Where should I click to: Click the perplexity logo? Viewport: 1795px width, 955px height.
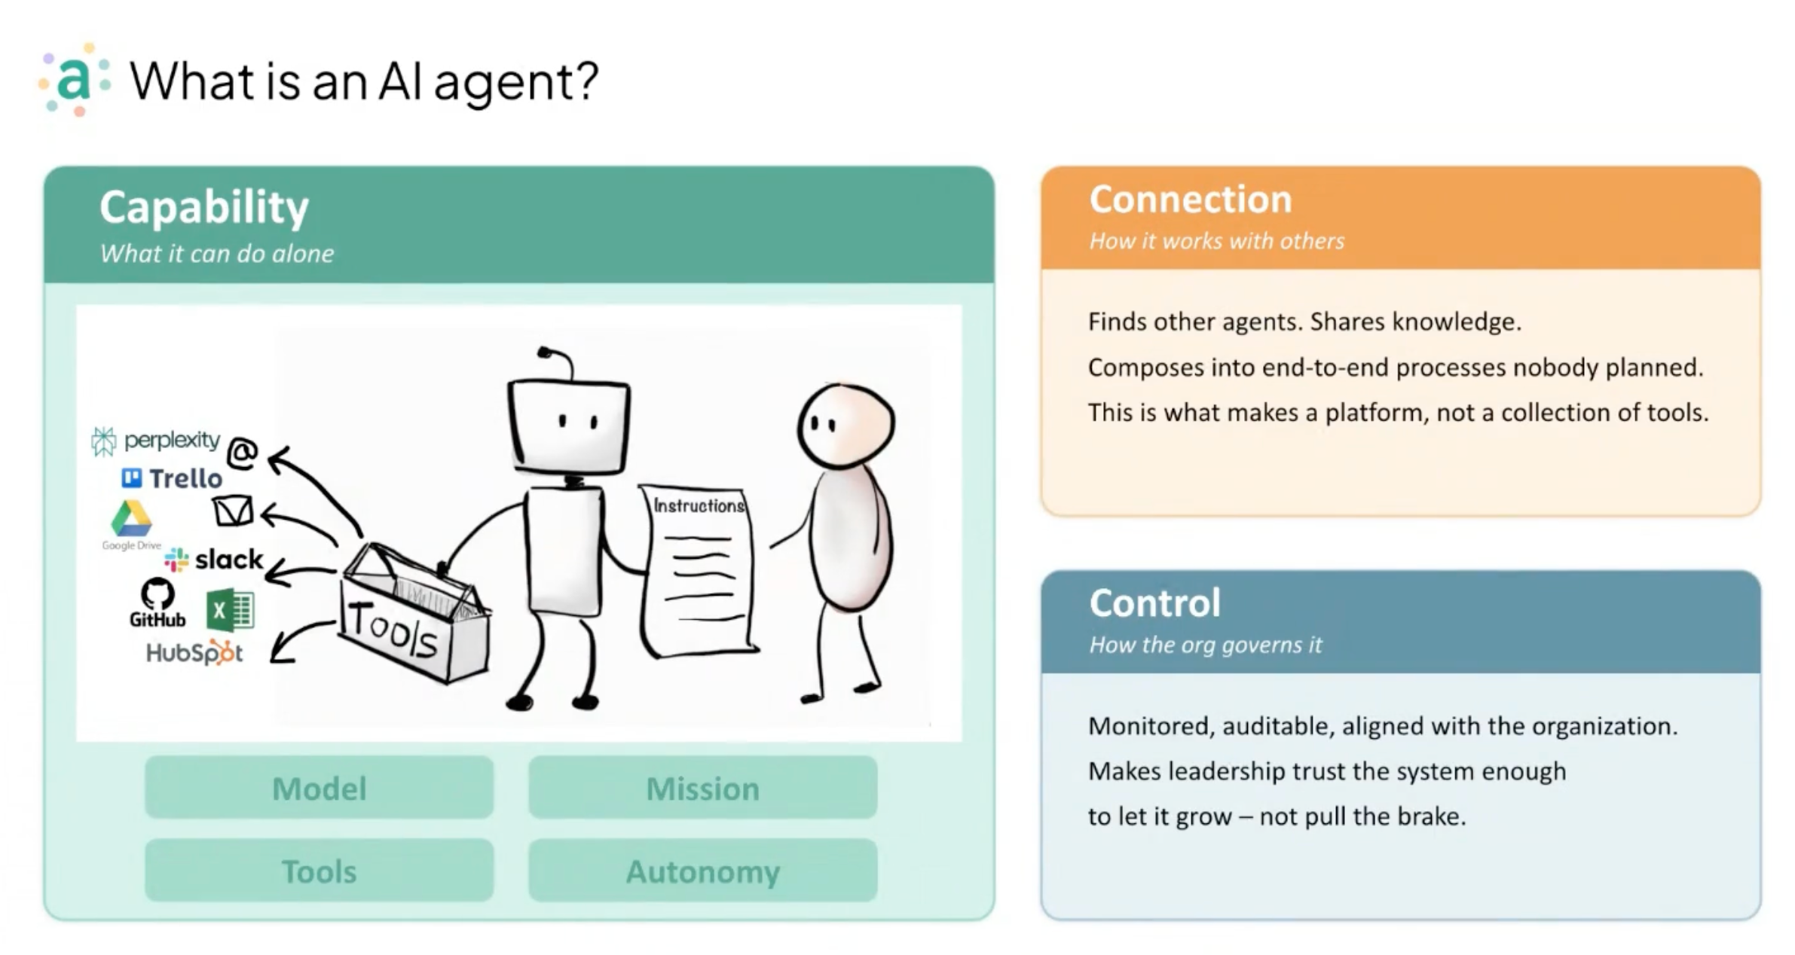(x=156, y=441)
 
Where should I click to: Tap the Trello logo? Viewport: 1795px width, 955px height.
(x=172, y=478)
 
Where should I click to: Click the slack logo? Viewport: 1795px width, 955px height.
(x=214, y=560)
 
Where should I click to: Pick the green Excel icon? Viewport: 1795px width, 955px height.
(x=230, y=610)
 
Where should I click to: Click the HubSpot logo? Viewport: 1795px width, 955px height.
(x=194, y=653)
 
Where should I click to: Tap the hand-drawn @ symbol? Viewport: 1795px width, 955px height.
(x=242, y=452)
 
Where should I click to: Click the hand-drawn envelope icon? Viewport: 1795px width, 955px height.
(x=233, y=511)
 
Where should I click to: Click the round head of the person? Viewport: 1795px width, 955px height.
(x=846, y=426)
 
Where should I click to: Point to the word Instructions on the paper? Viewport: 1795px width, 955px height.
(x=699, y=505)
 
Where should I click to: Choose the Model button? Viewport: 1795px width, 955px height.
(x=319, y=789)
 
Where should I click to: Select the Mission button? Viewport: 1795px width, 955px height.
(x=702, y=789)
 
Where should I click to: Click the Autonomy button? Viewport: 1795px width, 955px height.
(x=702, y=871)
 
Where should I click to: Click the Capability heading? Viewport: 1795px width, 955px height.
(x=204, y=207)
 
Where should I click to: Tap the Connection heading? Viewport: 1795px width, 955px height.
(x=1190, y=200)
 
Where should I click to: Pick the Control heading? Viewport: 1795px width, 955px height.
(x=1154, y=603)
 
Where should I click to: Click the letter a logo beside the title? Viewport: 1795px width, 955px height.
(x=74, y=80)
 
